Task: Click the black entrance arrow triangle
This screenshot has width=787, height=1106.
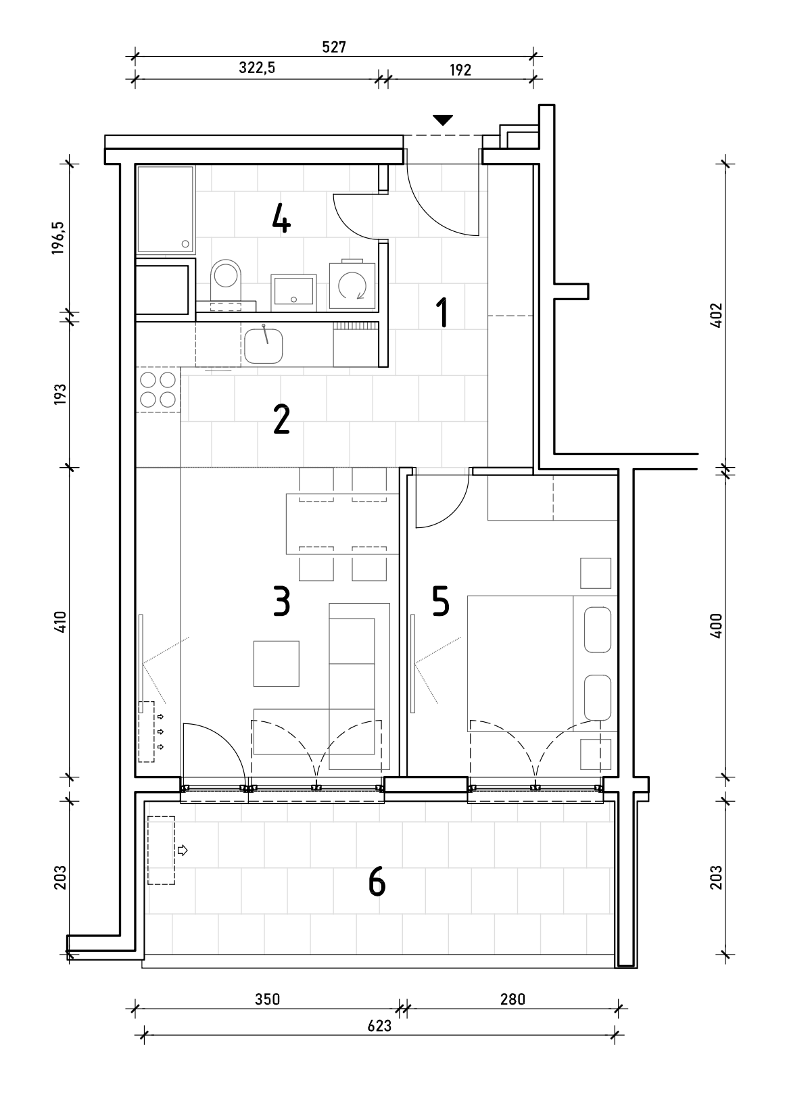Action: pos(443,120)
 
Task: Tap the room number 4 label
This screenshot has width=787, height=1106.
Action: pos(281,219)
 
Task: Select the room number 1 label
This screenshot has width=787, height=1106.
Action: pos(443,312)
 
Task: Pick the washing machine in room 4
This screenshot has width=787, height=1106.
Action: pos(352,285)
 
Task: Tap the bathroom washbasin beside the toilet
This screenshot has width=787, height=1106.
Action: pos(293,293)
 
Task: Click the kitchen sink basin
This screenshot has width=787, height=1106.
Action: pos(263,346)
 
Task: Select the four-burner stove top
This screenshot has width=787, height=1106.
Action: pos(158,389)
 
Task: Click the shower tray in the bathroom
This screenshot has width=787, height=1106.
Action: pos(166,210)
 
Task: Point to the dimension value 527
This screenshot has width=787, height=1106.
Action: pos(334,47)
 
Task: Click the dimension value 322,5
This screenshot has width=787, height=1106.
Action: pos(257,68)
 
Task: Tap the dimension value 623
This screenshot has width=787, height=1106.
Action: pos(379,1026)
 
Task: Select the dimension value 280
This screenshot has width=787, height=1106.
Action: pos(512,999)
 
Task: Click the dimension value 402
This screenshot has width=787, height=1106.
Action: pos(717,315)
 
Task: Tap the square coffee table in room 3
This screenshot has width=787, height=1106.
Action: pos(277,664)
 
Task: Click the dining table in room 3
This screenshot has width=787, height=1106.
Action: pos(343,524)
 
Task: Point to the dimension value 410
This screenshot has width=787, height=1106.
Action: pos(60,622)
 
